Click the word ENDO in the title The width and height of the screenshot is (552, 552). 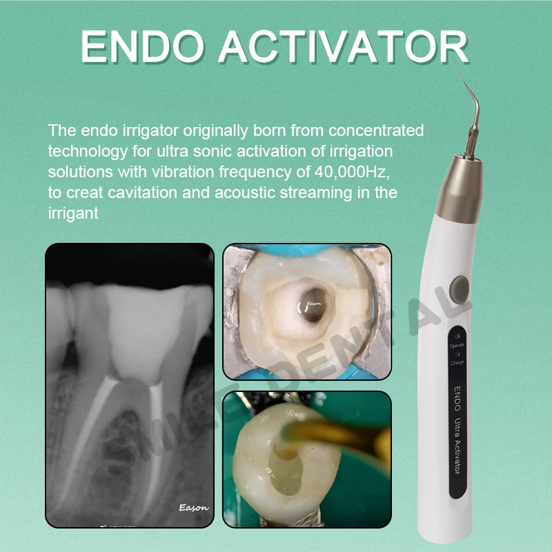pos(142,46)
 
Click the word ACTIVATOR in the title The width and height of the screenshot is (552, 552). pos(344,46)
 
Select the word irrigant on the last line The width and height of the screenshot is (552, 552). pos(73,214)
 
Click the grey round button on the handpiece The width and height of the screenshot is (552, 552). pos(459,289)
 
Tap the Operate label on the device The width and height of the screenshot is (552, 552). pos(457,346)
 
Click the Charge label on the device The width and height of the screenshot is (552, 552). pos(457,363)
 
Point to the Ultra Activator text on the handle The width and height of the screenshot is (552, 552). pos(457,446)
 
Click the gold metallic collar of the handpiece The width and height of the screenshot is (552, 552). pos(459,189)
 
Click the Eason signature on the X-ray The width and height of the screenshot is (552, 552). pos(194,508)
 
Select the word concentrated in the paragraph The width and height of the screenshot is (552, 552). pos(376,130)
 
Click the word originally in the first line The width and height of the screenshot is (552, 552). pos(215,131)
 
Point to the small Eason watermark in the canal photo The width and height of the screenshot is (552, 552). pos(314,304)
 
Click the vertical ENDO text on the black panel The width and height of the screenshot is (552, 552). pos(457,399)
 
